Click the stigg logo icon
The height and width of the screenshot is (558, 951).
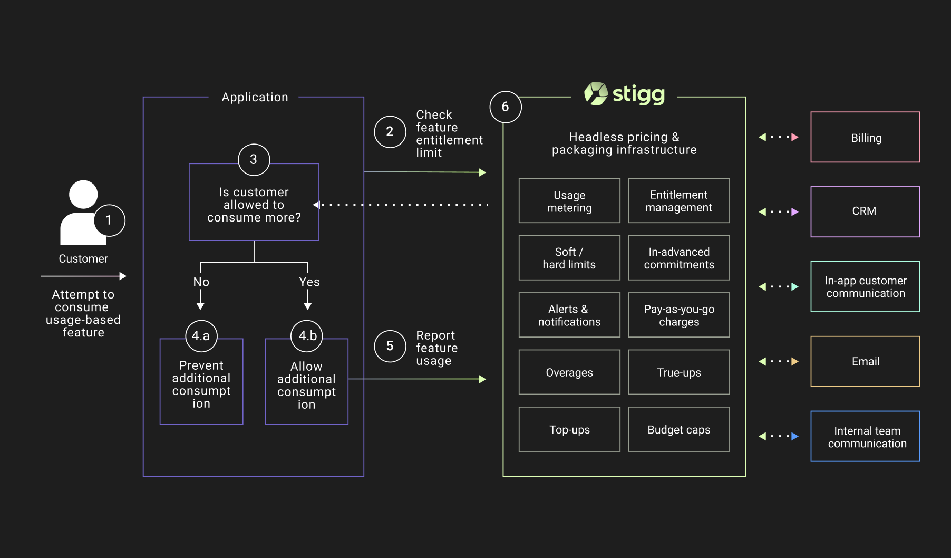click(596, 94)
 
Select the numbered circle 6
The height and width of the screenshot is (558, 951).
click(505, 107)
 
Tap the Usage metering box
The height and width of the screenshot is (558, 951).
click(569, 201)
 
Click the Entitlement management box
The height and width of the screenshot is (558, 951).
click(678, 201)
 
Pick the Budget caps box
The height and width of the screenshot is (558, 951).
click(678, 429)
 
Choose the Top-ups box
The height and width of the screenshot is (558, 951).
click(569, 429)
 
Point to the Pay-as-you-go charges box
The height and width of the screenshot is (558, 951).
click(678, 315)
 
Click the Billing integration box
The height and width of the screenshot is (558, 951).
click(865, 137)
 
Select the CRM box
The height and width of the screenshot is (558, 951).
click(865, 211)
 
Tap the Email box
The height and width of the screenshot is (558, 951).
click(865, 361)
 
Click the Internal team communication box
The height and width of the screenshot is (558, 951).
click(865, 437)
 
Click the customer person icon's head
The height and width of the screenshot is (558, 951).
click(83, 195)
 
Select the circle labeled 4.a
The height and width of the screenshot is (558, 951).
click(201, 336)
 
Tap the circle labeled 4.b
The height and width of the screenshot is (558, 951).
click(307, 336)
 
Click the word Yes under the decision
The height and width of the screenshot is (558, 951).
click(309, 282)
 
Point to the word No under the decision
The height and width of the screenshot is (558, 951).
click(201, 282)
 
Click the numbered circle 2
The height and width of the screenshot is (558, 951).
click(390, 132)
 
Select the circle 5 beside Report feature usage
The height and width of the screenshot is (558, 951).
click(390, 346)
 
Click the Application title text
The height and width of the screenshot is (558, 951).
click(255, 98)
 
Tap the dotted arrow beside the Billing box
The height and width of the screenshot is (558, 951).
click(778, 137)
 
